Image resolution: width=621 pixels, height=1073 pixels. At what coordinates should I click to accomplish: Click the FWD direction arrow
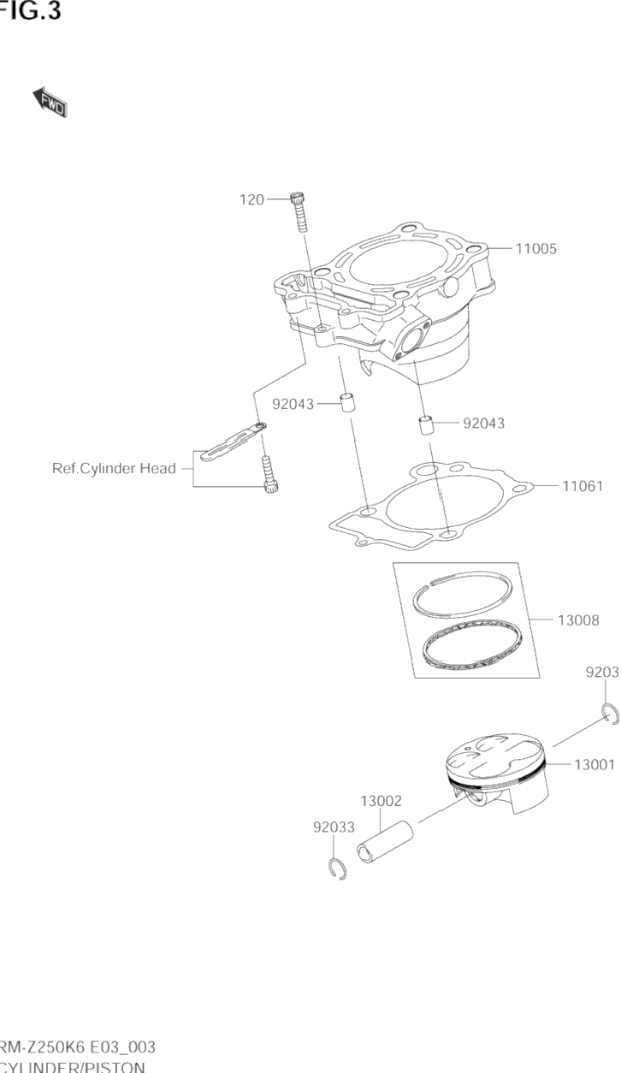(50, 102)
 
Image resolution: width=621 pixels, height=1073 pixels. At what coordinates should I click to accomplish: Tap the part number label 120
(251, 199)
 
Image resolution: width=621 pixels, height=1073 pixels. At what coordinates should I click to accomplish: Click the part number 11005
(535, 249)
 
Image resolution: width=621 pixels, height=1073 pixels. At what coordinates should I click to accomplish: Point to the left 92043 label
(293, 404)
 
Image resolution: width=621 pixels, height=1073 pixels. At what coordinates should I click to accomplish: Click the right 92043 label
(483, 423)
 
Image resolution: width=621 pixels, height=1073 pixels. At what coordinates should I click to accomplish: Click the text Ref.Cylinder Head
(114, 468)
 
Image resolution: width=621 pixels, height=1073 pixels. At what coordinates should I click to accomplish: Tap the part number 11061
(583, 486)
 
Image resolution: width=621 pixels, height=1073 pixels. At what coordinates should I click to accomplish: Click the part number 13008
(578, 619)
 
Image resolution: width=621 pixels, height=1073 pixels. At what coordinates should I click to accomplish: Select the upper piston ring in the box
(463, 592)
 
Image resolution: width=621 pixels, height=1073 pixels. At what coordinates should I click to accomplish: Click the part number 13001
(594, 765)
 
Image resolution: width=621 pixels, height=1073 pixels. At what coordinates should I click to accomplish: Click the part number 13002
(381, 801)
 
